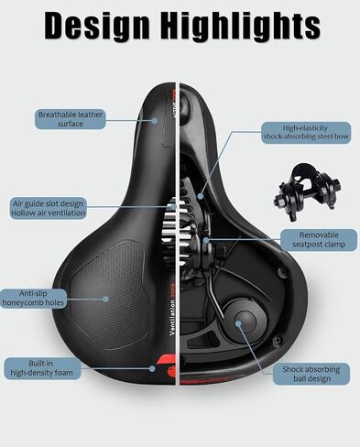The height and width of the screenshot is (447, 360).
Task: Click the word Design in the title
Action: tap(97, 26)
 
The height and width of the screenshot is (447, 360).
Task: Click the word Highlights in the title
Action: tap(240, 26)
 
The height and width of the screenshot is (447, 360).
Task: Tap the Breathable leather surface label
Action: tap(71, 119)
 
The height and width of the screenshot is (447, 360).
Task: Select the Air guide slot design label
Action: tap(49, 208)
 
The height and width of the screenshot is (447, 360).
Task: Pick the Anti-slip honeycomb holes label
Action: tap(33, 299)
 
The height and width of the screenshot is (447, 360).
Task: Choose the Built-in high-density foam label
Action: tap(42, 368)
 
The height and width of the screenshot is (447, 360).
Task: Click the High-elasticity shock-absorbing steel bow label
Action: tap(306, 133)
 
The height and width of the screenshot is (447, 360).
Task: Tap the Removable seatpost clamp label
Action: tap(319, 240)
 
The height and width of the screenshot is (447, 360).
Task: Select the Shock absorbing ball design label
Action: tap(311, 374)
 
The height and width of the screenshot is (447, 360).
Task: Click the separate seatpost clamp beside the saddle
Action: tap(306, 191)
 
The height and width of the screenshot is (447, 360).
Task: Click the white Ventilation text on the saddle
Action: tap(172, 318)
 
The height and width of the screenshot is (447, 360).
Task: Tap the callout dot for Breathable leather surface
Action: tap(155, 121)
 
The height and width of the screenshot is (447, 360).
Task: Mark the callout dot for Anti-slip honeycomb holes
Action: tap(105, 299)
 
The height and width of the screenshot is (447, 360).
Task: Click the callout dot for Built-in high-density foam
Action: tap(152, 368)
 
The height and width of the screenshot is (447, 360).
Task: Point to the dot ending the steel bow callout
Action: tap(201, 196)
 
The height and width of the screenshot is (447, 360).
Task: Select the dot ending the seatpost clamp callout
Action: tap(206, 240)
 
